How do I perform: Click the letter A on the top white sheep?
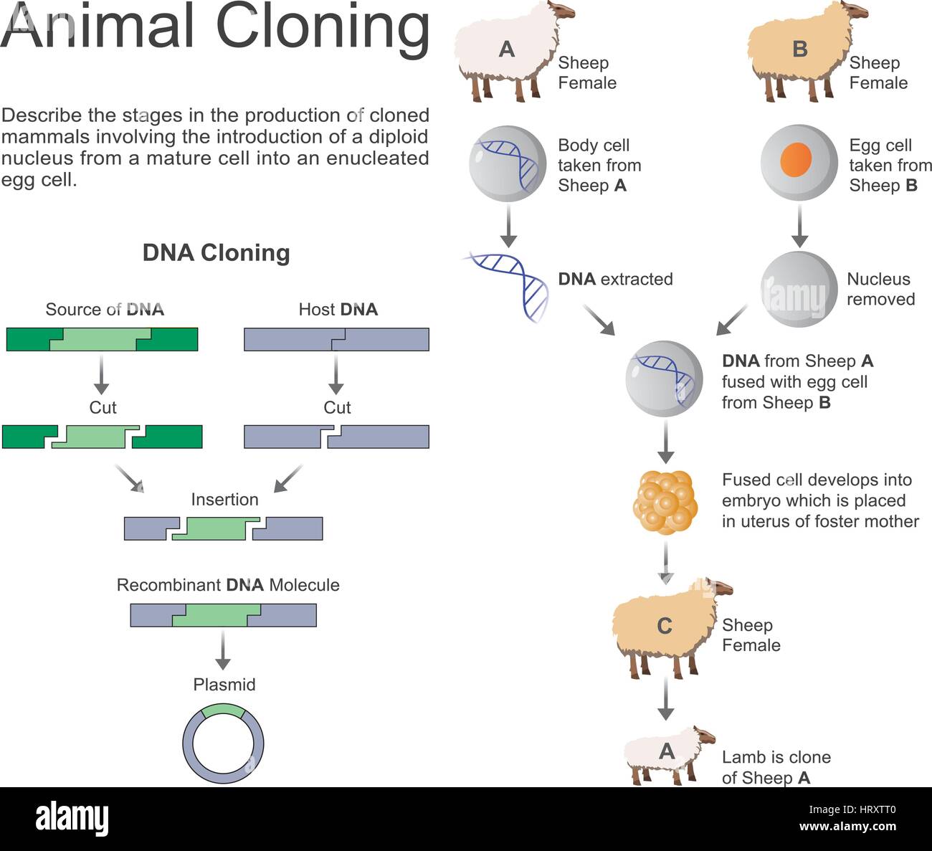(507, 49)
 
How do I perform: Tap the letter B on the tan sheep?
(800, 49)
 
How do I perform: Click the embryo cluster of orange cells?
(665, 503)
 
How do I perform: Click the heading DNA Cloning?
(216, 253)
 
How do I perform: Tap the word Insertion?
(224, 500)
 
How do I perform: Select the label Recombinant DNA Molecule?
(228, 585)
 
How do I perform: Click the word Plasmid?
(224, 685)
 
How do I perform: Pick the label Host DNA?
(338, 310)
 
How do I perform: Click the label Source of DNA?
(105, 310)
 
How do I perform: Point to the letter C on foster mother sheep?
(665, 626)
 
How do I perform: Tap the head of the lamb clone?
(704, 736)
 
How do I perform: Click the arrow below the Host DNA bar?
(336, 374)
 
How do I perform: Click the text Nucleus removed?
(880, 289)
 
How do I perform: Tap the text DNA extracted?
(615, 279)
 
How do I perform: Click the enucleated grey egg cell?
(799, 289)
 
